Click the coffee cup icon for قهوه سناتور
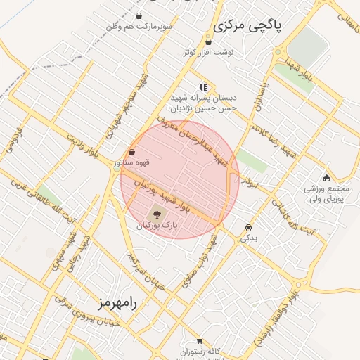point(132,152)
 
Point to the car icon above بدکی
point(249,227)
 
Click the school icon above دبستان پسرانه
point(203,87)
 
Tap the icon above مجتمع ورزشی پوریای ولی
point(326,177)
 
